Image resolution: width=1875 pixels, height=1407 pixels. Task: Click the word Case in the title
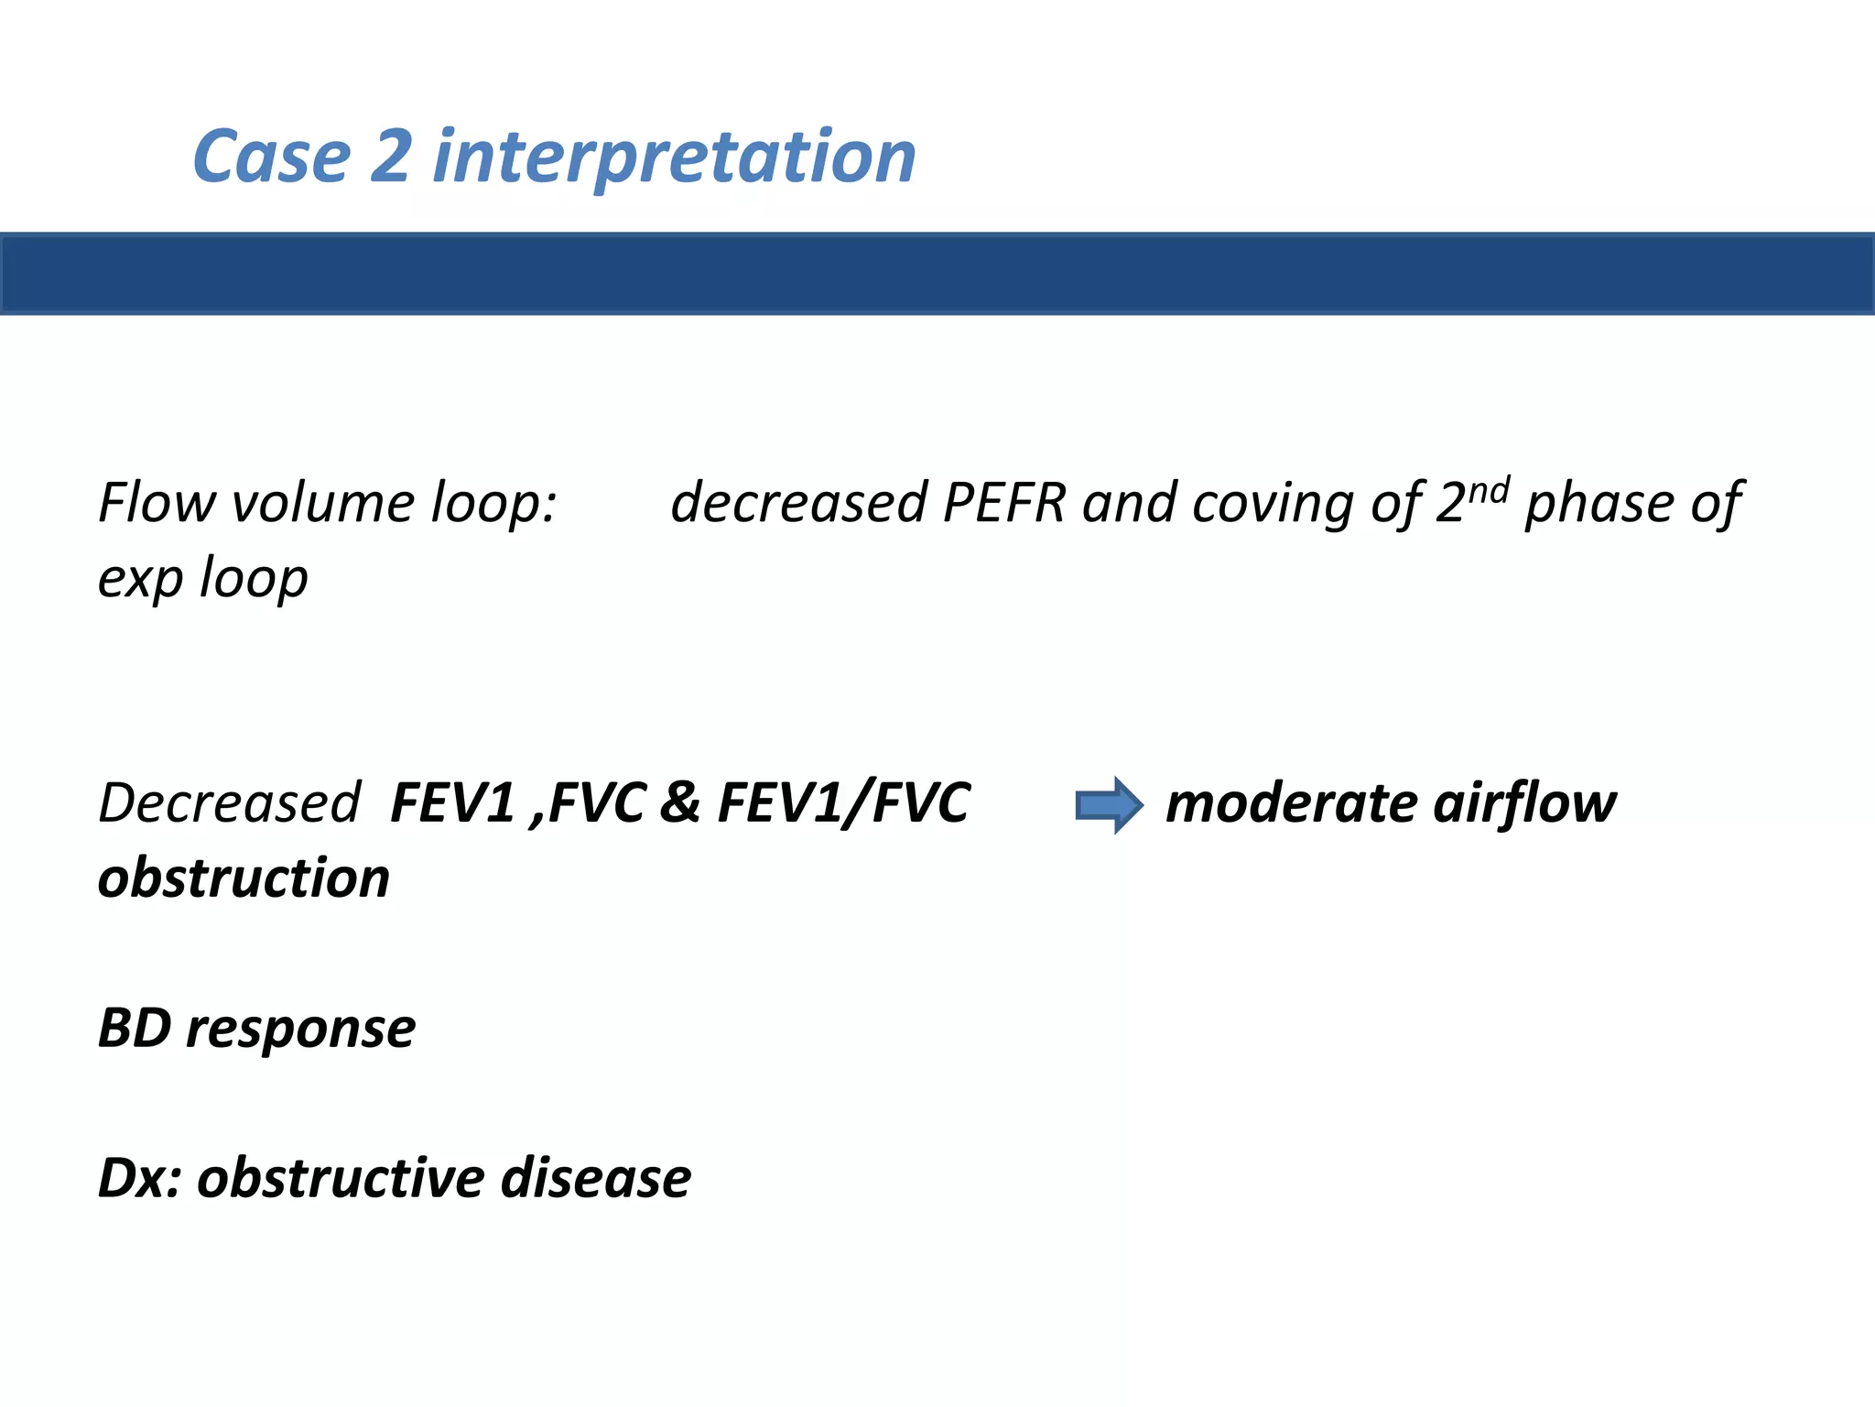coord(272,157)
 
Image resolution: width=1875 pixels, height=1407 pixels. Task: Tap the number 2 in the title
coord(392,157)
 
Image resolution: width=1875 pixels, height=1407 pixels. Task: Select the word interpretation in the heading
coord(674,158)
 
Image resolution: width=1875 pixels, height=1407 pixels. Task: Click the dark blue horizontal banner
coord(937,274)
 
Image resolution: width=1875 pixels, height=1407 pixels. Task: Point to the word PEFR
coord(1004,503)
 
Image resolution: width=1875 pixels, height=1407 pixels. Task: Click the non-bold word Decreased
coord(229,803)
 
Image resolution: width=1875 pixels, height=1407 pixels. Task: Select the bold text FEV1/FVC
coord(843,803)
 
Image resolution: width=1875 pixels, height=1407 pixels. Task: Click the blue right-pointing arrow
coord(1108,805)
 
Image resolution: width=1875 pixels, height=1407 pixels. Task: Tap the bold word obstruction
coord(244,878)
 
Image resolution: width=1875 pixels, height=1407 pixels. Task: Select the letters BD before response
coord(135,1029)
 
